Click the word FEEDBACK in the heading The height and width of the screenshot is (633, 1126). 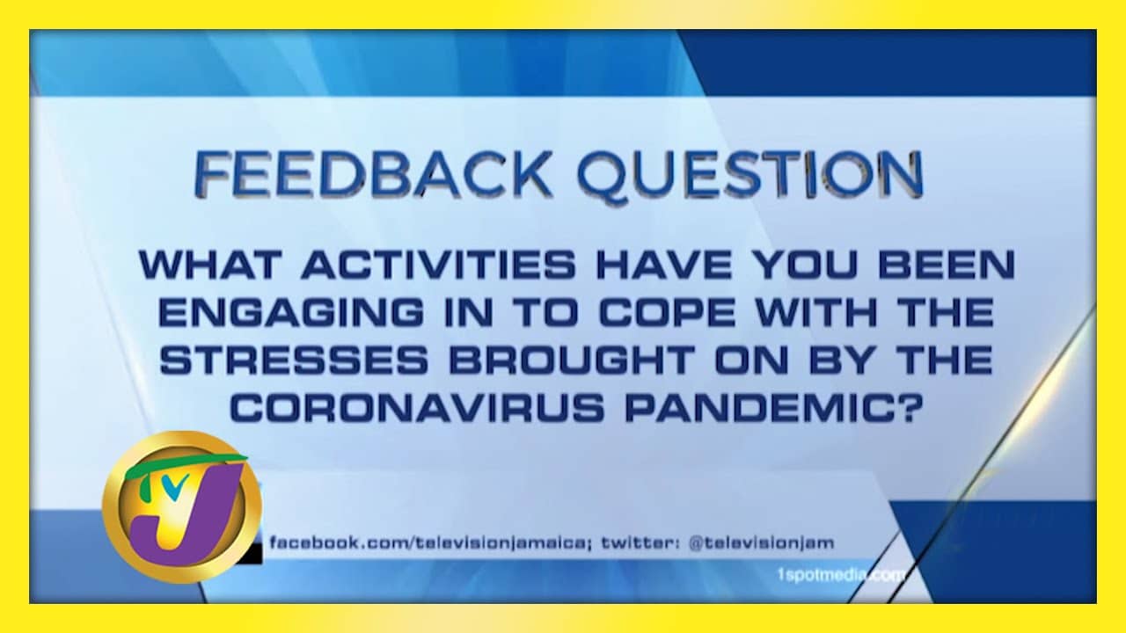tap(372, 174)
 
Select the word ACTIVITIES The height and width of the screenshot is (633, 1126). tap(438, 265)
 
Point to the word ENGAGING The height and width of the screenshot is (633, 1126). tap(291, 312)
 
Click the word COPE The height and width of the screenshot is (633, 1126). tap(667, 312)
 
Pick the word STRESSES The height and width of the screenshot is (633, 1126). tap(294, 360)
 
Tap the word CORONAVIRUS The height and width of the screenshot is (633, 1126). tap(417, 407)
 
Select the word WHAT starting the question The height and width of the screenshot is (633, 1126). tap(209, 265)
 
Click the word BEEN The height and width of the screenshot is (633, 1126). tap(947, 265)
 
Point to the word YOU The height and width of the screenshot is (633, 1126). tap(805, 265)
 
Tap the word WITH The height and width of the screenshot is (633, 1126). tap(817, 312)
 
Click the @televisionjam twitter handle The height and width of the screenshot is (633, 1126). tap(761, 543)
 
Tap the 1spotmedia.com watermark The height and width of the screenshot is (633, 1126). tap(840, 575)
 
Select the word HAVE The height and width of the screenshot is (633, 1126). tap(664, 265)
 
